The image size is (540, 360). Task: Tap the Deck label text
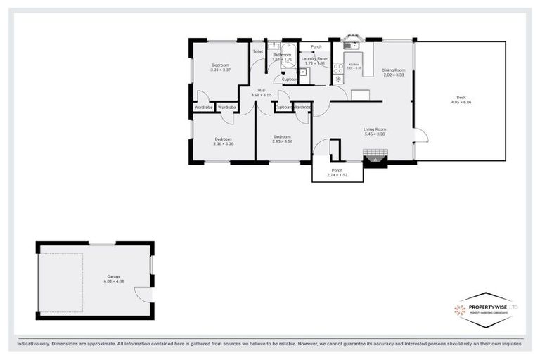click(461, 97)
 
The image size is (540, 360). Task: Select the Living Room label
click(375, 129)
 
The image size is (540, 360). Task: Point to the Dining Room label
click(393, 70)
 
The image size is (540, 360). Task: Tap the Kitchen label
click(354, 65)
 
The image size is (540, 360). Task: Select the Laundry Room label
click(315, 59)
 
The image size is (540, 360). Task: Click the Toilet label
click(258, 51)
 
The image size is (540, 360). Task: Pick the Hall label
click(261, 91)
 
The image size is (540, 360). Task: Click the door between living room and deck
click(419, 138)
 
